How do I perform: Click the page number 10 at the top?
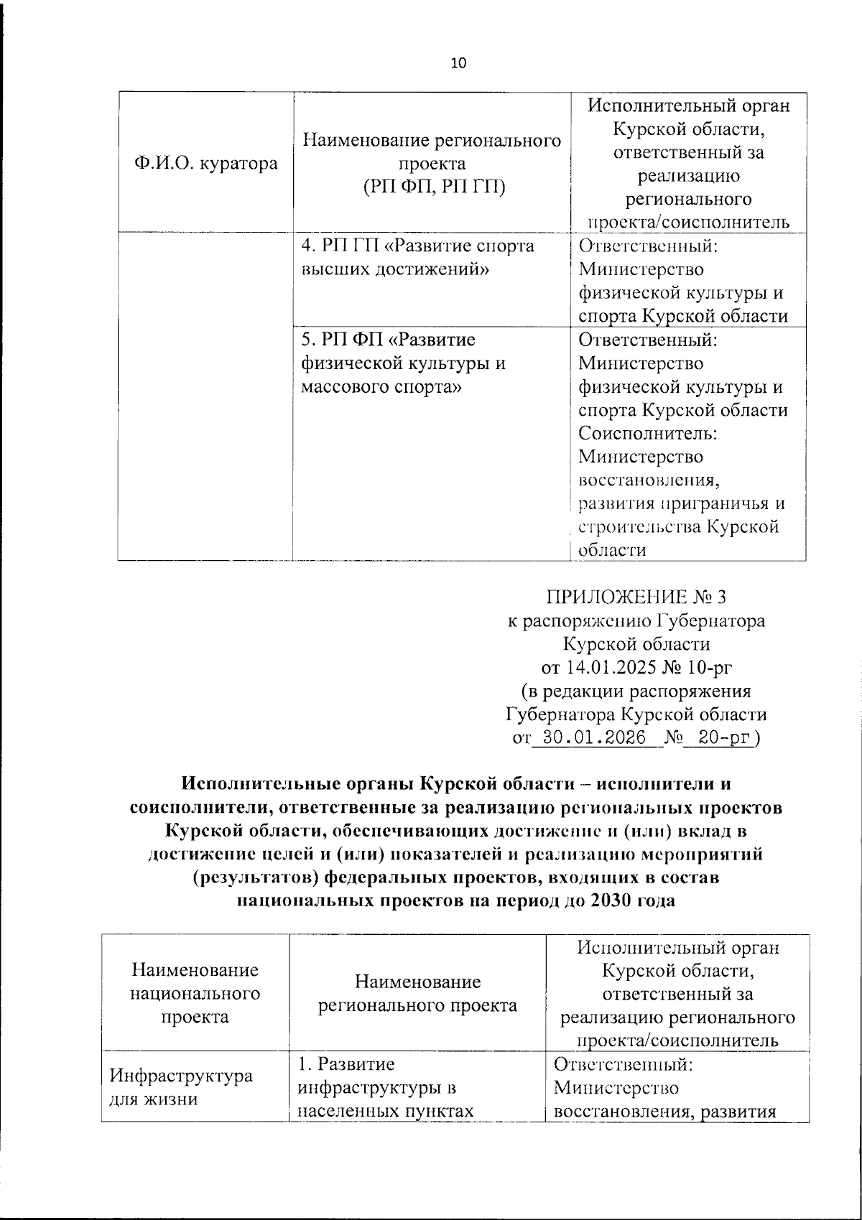click(458, 63)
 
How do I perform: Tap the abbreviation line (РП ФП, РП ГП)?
click(432, 187)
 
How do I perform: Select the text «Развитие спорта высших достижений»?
click(419, 257)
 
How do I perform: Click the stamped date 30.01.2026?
click(593, 738)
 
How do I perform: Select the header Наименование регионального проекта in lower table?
click(417, 994)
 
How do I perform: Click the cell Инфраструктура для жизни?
click(180, 1087)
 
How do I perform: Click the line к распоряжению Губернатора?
click(636, 620)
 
